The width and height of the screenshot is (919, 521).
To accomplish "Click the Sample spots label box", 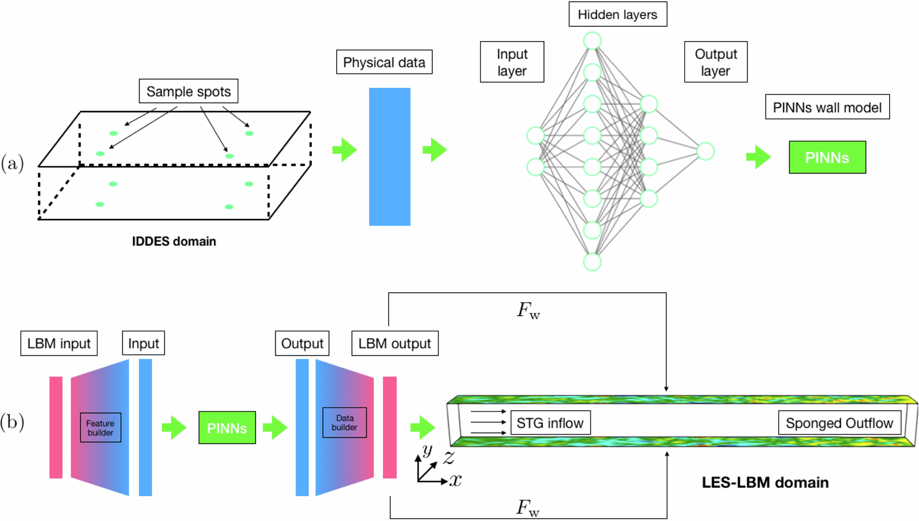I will [x=188, y=91].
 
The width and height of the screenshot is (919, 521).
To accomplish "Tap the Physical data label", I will [x=384, y=63].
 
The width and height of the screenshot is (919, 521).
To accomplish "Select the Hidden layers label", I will [x=618, y=15].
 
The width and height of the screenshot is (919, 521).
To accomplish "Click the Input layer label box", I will [x=512, y=62].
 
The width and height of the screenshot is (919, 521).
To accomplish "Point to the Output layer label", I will [x=715, y=62].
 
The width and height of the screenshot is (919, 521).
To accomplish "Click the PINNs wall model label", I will [x=827, y=107].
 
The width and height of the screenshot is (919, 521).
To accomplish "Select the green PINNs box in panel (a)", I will [x=827, y=157].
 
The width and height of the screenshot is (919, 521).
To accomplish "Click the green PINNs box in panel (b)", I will [x=227, y=428].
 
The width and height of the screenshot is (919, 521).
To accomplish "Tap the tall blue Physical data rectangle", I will [x=390, y=157].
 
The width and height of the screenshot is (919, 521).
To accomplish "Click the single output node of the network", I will [x=705, y=151].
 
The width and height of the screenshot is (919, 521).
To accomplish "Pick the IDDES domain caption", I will [x=174, y=241].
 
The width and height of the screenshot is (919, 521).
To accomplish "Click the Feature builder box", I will [x=100, y=428].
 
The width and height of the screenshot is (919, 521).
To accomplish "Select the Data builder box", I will [x=344, y=423].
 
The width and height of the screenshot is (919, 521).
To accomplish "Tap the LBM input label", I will [x=59, y=343].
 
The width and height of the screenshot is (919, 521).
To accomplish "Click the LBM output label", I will [x=394, y=343].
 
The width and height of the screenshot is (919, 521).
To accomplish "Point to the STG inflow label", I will [x=550, y=423].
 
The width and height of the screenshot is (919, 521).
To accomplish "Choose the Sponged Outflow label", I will [x=839, y=423].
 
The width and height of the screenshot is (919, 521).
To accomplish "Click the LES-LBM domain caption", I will [x=765, y=483].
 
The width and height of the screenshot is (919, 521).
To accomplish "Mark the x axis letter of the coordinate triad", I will [x=455, y=480].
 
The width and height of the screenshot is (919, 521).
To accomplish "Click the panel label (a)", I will [x=13, y=164].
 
